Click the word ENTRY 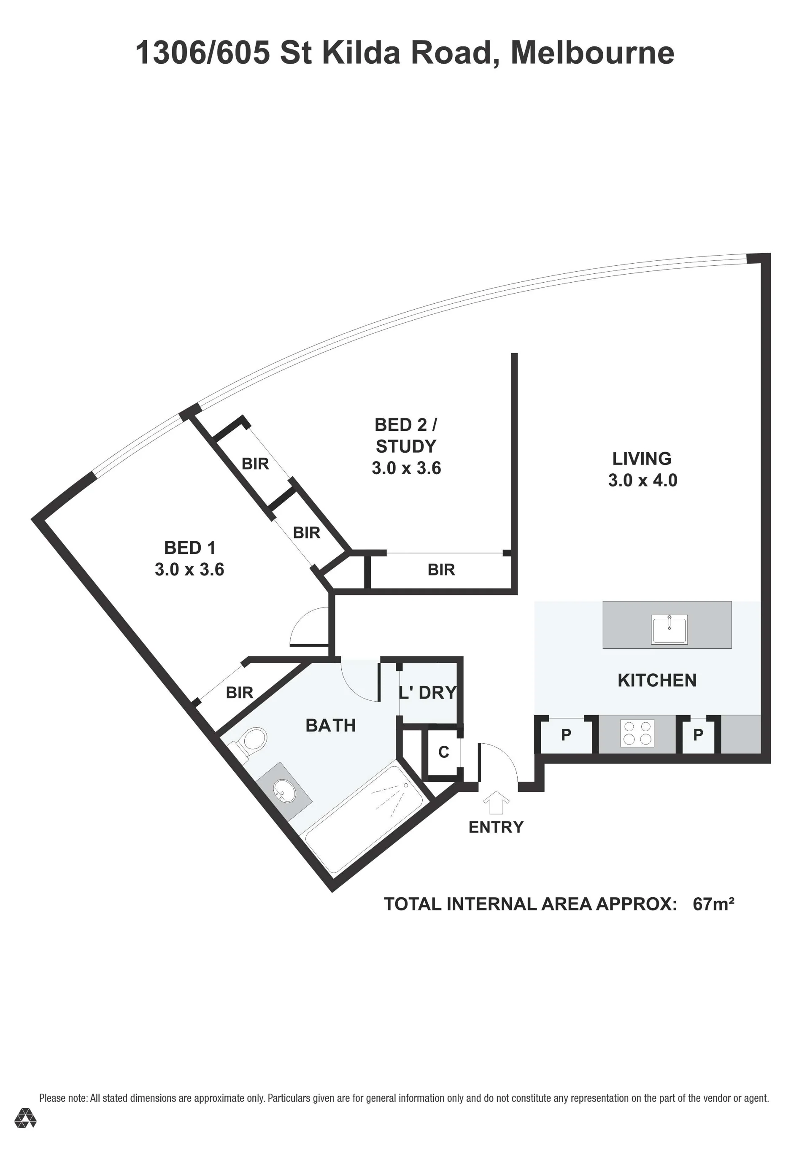click(x=496, y=827)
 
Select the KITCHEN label click(x=657, y=680)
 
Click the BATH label click(x=331, y=725)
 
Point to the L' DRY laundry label click(x=428, y=692)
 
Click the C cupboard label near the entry click(x=443, y=752)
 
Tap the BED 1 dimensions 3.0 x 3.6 click(x=189, y=570)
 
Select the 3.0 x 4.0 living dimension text click(x=643, y=481)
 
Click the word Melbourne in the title click(x=593, y=53)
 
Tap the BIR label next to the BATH click(x=240, y=693)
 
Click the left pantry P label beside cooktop click(x=566, y=735)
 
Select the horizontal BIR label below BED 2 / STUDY click(x=441, y=570)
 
